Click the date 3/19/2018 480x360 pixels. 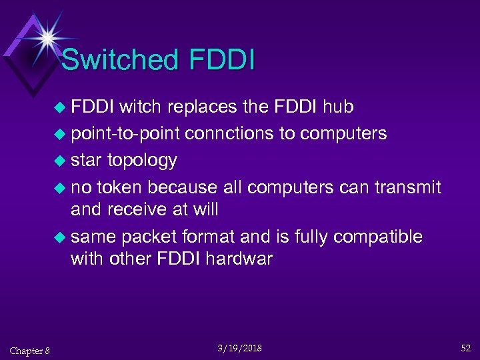[x=240, y=348]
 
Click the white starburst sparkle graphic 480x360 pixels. [x=47, y=36]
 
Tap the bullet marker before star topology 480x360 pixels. [x=61, y=161]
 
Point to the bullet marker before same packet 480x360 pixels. [x=61, y=237]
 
